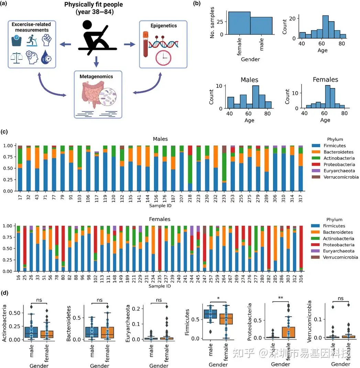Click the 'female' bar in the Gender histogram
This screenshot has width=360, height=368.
tap(239, 23)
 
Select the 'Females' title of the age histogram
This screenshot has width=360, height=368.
tap(325, 80)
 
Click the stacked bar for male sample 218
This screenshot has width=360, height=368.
tap(190, 168)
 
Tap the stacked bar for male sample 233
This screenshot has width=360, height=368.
tap(224, 168)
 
